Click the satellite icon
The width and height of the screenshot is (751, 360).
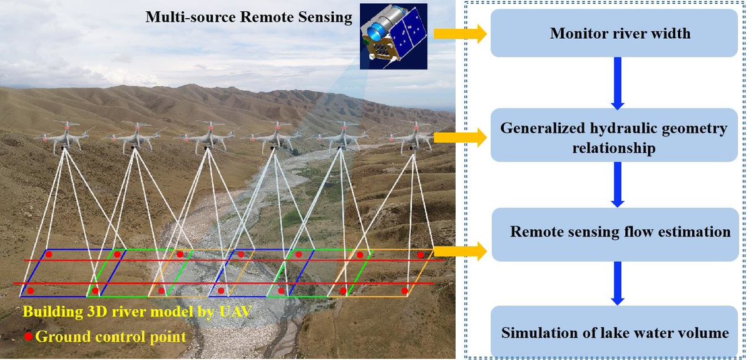[393, 35]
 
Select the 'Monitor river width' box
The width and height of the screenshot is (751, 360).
[620, 34]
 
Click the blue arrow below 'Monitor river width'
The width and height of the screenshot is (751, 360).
[618, 82]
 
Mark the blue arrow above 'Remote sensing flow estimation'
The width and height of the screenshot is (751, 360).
[618, 184]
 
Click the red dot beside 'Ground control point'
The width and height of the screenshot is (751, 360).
[28, 337]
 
